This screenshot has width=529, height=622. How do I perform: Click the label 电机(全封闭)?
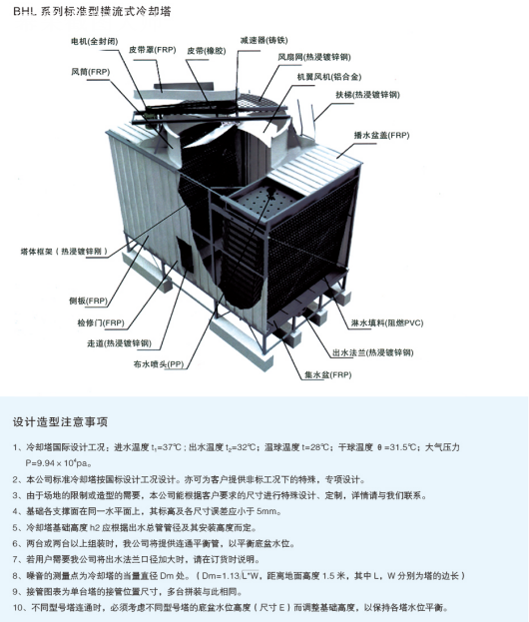tap(94, 41)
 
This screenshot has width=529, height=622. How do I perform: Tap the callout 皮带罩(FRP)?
tap(153, 50)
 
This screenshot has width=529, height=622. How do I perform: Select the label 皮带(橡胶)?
tap(207, 51)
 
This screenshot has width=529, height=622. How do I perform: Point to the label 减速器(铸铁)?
tap(264, 40)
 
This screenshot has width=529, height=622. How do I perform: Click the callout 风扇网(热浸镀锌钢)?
tap(314, 57)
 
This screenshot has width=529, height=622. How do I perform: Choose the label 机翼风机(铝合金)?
tap(329, 77)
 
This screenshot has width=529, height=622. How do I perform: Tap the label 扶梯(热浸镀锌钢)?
tap(367, 95)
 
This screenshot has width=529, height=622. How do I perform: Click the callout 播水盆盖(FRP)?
tap(381, 135)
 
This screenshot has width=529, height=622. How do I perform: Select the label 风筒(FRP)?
tap(91, 72)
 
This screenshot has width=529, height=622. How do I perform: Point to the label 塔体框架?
tap(37, 252)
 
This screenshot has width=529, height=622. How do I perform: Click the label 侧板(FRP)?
tap(88, 301)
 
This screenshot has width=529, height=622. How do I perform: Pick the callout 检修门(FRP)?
tap(101, 322)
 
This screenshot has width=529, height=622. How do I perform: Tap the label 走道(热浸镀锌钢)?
tap(120, 343)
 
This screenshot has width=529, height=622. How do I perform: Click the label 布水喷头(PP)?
tap(159, 363)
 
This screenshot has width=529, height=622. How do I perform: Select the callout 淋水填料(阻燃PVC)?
tap(387, 322)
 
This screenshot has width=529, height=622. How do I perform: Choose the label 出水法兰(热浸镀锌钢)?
tap(372, 352)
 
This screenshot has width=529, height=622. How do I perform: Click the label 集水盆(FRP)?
tap(328, 374)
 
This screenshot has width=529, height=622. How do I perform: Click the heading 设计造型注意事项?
tap(60, 421)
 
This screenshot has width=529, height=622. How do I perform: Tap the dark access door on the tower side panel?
tap(185, 255)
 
